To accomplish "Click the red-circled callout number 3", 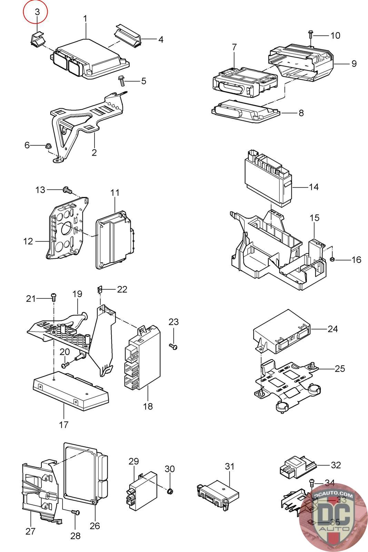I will [x=37, y=12].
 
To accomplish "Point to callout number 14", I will [x=314, y=187].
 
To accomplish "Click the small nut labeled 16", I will [x=332, y=259].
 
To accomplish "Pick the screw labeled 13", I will [x=67, y=190].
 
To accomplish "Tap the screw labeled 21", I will [x=53, y=296].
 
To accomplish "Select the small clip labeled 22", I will [x=99, y=289].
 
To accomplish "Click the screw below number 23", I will [x=173, y=346].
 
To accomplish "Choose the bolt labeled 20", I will [x=66, y=364].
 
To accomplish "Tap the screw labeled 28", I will [x=76, y=512].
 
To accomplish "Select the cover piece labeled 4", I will [x=128, y=36].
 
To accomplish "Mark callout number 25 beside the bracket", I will [x=339, y=369].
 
